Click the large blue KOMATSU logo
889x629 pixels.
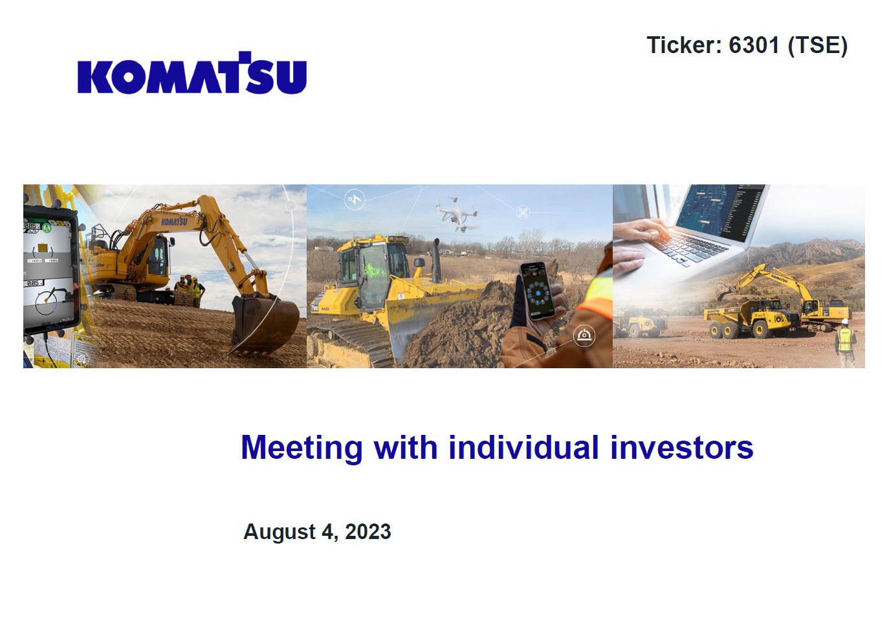[x=192, y=73]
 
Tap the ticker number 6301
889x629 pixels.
[x=754, y=45]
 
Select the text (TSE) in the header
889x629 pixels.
[x=818, y=45]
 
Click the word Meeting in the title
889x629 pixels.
[x=302, y=448]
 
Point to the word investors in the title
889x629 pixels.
[x=681, y=447]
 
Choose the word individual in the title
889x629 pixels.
[x=523, y=447]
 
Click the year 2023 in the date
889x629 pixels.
[x=368, y=532]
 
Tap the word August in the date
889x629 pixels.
[x=280, y=533]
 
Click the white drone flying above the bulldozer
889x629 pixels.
[x=455, y=214]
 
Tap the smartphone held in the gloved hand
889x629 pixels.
[x=538, y=291]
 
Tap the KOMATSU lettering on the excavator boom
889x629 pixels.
[x=174, y=221]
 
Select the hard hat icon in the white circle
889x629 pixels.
[x=584, y=336]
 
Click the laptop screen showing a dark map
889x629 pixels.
[x=719, y=210]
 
